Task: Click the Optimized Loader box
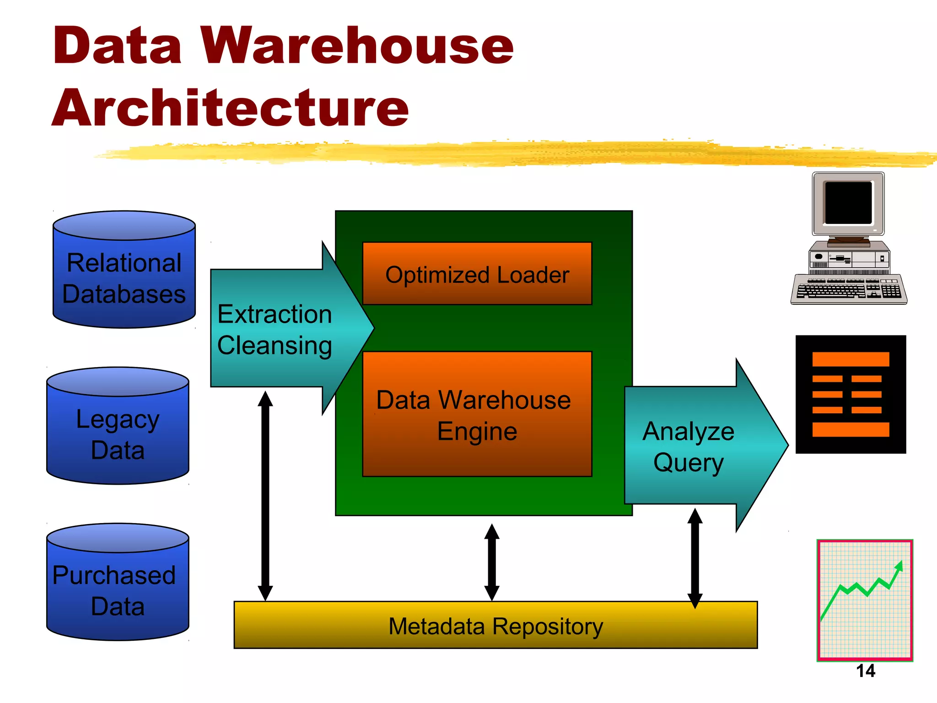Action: pyautogui.click(x=477, y=274)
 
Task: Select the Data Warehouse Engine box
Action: pyautogui.click(x=477, y=415)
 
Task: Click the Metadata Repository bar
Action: pyautogui.click(x=495, y=626)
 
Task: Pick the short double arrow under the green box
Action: pyautogui.click(x=491, y=562)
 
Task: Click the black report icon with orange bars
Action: pyautogui.click(x=851, y=394)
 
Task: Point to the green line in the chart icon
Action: pyautogui.click(x=860, y=590)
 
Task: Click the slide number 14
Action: pyautogui.click(x=865, y=671)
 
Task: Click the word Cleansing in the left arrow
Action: pyautogui.click(x=275, y=346)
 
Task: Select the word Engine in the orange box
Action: pyautogui.click(x=477, y=432)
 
